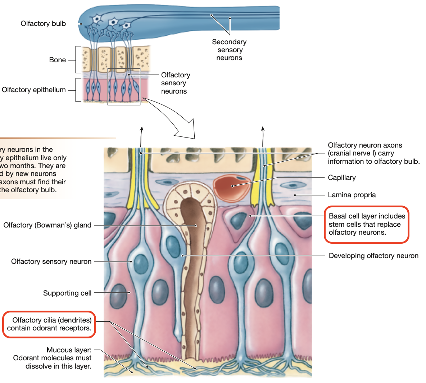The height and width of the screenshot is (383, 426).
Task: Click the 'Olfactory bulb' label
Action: [43, 24]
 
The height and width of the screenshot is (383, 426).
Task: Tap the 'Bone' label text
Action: [58, 60]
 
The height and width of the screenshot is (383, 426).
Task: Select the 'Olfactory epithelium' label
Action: [34, 90]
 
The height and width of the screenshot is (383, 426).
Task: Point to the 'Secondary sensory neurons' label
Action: [229, 50]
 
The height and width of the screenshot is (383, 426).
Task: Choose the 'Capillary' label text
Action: [341, 177]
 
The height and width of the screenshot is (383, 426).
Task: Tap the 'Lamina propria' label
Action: [352, 195]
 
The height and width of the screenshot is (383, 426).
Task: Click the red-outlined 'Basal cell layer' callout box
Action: [366, 224]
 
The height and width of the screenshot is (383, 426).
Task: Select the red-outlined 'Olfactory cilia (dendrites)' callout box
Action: [49, 324]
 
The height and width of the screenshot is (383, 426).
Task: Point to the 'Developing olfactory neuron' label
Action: [373, 256]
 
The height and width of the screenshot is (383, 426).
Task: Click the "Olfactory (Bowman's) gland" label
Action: [47, 225]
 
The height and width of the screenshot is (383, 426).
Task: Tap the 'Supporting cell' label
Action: [67, 293]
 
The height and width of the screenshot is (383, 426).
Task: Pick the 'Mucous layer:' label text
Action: [69, 350]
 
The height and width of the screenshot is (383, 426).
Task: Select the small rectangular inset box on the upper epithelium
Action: [124, 87]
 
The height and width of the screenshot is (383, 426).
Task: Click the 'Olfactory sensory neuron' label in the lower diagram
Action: [51, 262]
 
